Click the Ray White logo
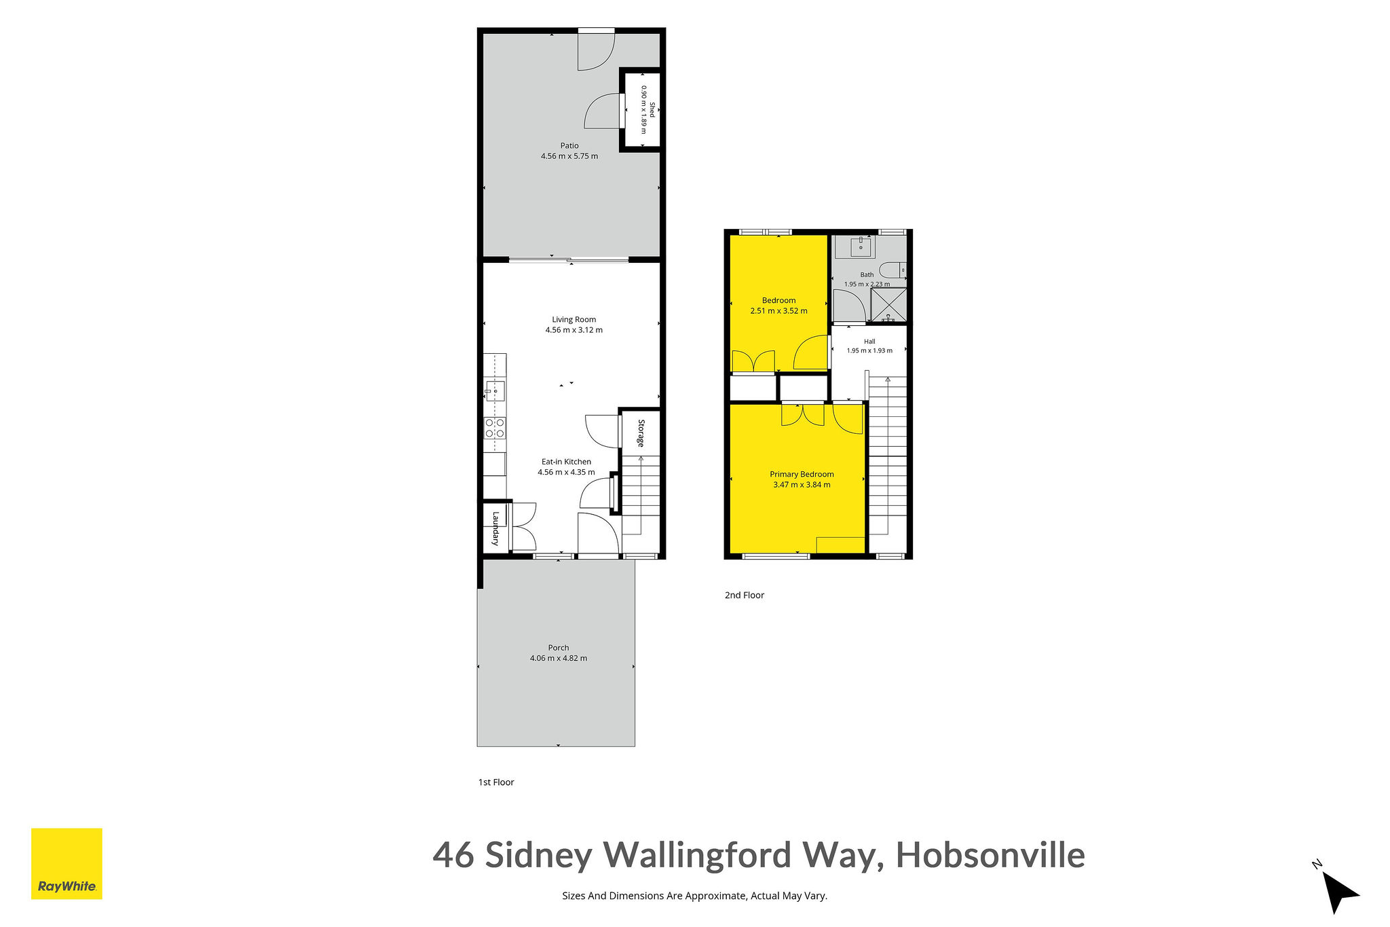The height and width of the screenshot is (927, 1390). (x=67, y=863)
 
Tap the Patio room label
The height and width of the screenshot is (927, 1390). (x=569, y=145)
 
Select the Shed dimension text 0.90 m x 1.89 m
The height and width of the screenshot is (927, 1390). (x=644, y=109)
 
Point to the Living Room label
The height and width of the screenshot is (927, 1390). (x=574, y=319)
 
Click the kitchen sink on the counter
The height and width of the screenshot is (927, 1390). (x=495, y=390)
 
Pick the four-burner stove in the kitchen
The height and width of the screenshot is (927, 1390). (x=495, y=428)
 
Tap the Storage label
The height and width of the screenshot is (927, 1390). (x=641, y=433)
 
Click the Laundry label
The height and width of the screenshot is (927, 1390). (x=496, y=528)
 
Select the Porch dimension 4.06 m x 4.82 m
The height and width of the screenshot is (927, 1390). (x=559, y=658)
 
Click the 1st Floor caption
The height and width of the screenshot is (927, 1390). (x=496, y=782)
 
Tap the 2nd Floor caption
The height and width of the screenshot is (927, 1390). (x=745, y=595)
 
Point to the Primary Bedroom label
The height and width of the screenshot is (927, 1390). (x=802, y=474)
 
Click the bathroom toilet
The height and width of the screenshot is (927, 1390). (x=893, y=270)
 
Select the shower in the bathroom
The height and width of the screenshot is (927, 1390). (x=888, y=305)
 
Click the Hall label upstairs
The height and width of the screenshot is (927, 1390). (x=869, y=342)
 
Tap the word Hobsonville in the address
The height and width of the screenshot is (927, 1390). (x=990, y=854)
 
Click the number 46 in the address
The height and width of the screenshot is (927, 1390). (x=454, y=855)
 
